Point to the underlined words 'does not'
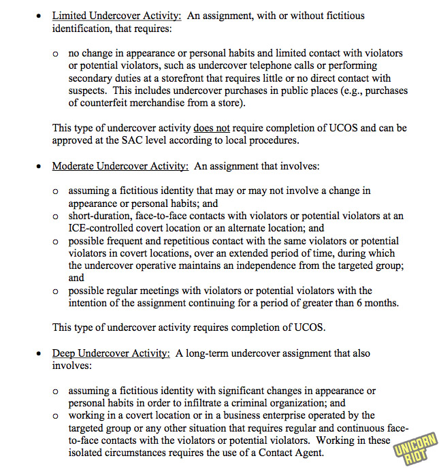(211, 127)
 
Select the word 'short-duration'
(101, 216)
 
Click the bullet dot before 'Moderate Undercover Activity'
(39, 166)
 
